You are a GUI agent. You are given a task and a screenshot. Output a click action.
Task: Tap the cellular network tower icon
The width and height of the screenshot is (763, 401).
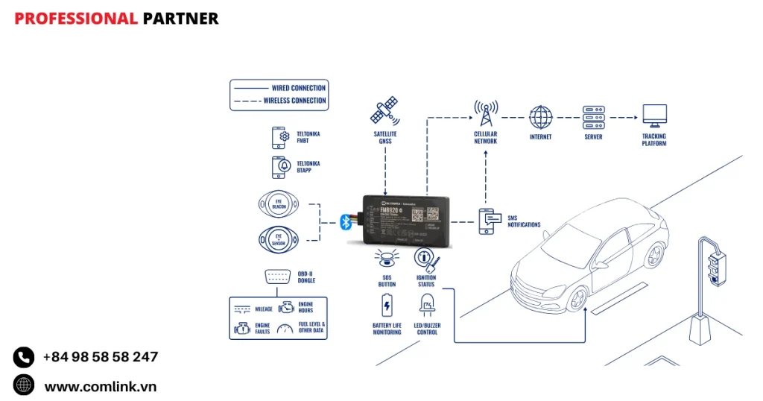[486, 115]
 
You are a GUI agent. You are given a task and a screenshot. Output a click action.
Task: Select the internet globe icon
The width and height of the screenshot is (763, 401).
[541, 117]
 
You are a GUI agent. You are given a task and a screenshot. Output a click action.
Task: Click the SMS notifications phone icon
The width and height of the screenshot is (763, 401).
[488, 221]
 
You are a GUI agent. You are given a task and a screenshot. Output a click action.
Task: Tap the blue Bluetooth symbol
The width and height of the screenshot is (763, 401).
[346, 221]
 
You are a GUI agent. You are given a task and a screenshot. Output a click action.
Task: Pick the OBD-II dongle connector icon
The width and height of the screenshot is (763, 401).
[277, 277]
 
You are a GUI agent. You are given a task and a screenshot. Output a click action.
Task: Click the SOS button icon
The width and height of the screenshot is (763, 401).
[386, 259]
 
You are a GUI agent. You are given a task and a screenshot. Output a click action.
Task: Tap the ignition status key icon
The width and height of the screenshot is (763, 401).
[426, 259]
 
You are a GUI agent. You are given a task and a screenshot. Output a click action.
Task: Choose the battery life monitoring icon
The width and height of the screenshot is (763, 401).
[387, 306]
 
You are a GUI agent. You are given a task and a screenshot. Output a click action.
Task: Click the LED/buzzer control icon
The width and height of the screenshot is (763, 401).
[427, 306]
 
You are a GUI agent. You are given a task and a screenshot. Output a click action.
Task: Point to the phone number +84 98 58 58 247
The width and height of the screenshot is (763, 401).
[101, 357]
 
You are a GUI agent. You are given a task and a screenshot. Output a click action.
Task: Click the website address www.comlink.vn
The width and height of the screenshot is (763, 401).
[101, 386]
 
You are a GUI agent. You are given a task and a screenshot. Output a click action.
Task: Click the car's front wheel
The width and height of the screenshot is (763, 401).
[575, 297]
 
